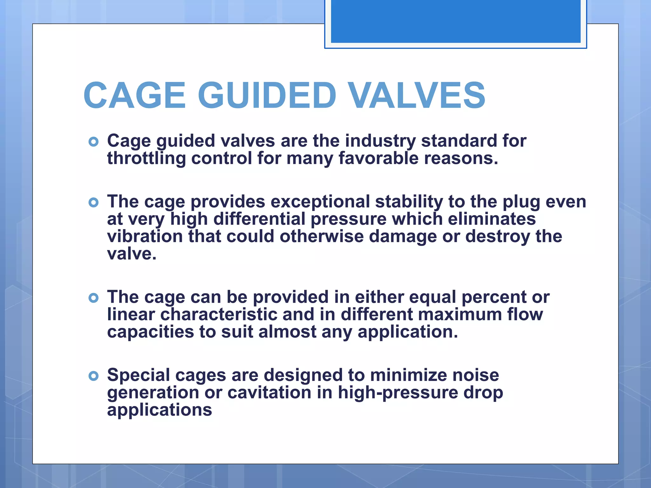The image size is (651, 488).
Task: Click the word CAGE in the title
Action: click(x=134, y=95)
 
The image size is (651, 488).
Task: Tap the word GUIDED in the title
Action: click(x=267, y=95)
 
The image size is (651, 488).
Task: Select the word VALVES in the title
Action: click(x=417, y=95)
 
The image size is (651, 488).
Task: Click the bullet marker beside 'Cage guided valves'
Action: click(x=93, y=142)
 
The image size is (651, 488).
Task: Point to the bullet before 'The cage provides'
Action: click(x=93, y=202)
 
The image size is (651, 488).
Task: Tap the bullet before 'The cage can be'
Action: click(x=93, y=298)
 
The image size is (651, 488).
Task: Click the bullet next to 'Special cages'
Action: click(x=93, y=376)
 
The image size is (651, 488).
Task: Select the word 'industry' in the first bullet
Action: click(x=380, y=141)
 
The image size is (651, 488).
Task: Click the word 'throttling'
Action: click(x=146, y=158)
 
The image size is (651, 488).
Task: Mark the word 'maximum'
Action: click(x=459, y=315)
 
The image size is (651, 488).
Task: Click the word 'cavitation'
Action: click(x=270, y=392)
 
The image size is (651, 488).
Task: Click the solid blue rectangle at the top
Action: click(x=456, y=21)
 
